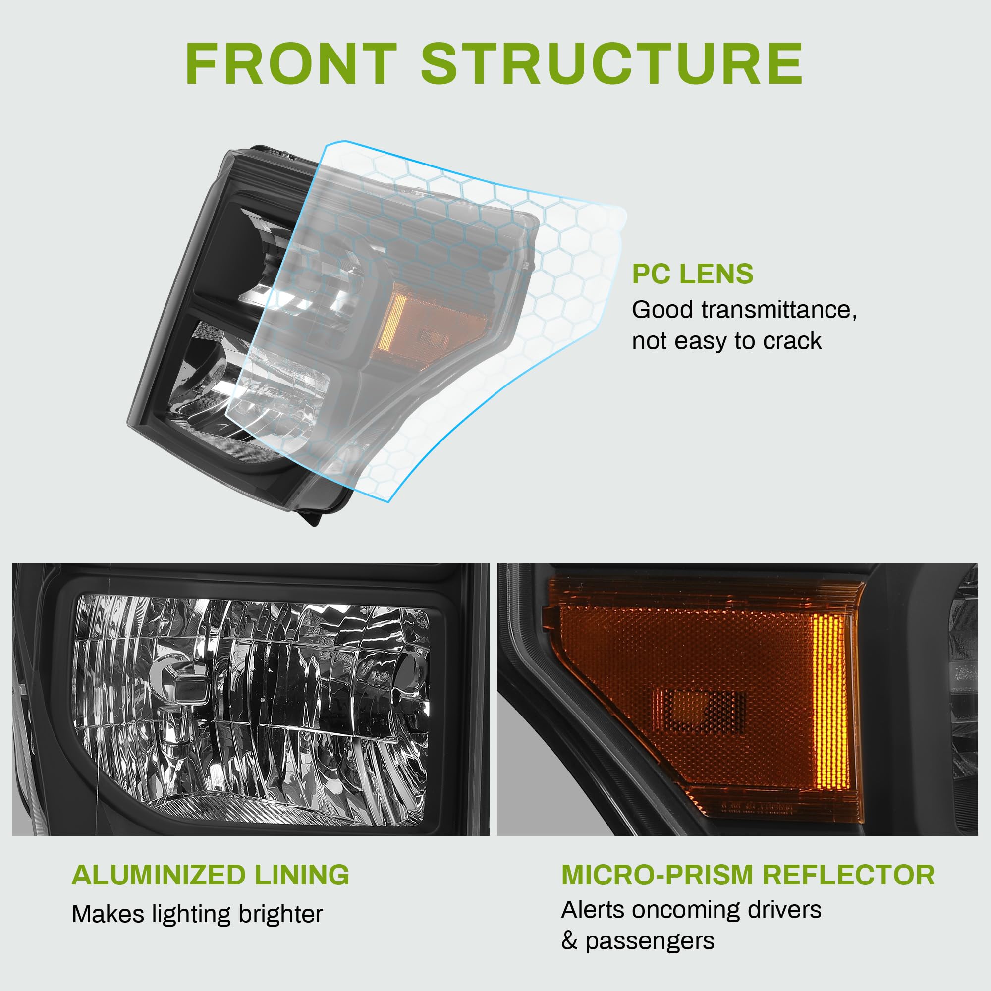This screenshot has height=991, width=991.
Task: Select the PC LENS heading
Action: (x=693, y=274)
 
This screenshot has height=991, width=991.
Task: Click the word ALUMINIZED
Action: (x=159, y=875)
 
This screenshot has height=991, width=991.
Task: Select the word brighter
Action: (x=280, y=915)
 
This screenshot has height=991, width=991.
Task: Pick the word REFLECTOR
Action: (x=848, y=875)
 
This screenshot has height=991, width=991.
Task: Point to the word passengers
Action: (x=650, y=941)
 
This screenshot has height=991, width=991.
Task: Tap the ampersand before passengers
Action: (x=569, y=941)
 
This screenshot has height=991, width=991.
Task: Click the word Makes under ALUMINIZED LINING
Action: (x=107, y=915)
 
